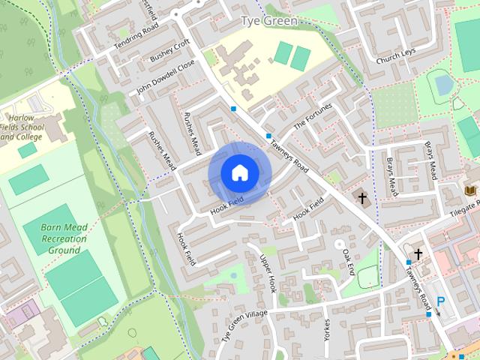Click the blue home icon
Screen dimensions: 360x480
(239, 173)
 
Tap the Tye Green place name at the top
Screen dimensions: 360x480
(269, 21)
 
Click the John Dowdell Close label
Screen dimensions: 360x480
(166, 78)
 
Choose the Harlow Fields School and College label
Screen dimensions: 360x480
(22, 127)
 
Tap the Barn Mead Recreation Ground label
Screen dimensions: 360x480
(63, 238)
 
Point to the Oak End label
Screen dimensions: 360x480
(347, 262)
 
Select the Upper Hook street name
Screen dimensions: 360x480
(268, 274)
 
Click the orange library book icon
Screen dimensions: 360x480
(471, 193)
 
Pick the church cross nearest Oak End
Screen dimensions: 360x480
(363, 198)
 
